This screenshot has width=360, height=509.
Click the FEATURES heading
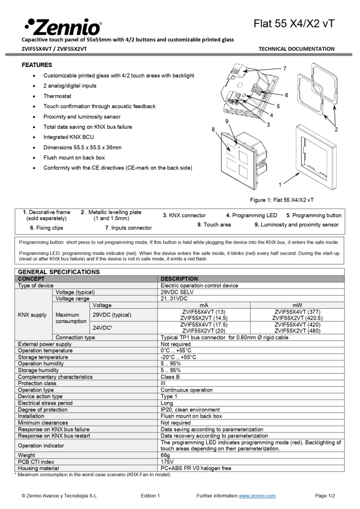(37, 65)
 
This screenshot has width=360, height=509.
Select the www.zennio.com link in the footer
(257, 496)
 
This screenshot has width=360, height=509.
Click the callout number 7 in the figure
(284, 68)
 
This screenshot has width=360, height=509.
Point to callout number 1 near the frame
(280, 184)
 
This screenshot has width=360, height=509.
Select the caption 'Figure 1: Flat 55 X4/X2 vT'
(281, 200)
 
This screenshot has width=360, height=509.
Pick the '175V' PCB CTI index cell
(168, 461)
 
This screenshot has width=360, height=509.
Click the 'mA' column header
(204, 305)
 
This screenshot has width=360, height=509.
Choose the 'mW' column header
(297, 305)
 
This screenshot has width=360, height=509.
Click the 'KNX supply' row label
(32, 315)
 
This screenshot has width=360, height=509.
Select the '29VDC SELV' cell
(178, 292)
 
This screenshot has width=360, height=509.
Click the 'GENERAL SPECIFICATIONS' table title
(59, 272)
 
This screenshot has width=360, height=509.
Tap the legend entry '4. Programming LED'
(252, 215)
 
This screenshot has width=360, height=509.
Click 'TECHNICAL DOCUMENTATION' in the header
(296, 49)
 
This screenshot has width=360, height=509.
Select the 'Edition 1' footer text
(150, 496)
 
